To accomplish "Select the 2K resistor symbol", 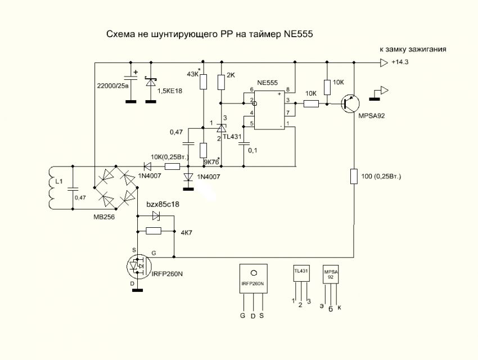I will [222, 82].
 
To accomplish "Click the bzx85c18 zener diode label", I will [163, 204].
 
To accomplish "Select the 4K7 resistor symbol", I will [153, 231].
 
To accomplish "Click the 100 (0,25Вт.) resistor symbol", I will [354, 177].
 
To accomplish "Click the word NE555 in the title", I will [297, 34].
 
